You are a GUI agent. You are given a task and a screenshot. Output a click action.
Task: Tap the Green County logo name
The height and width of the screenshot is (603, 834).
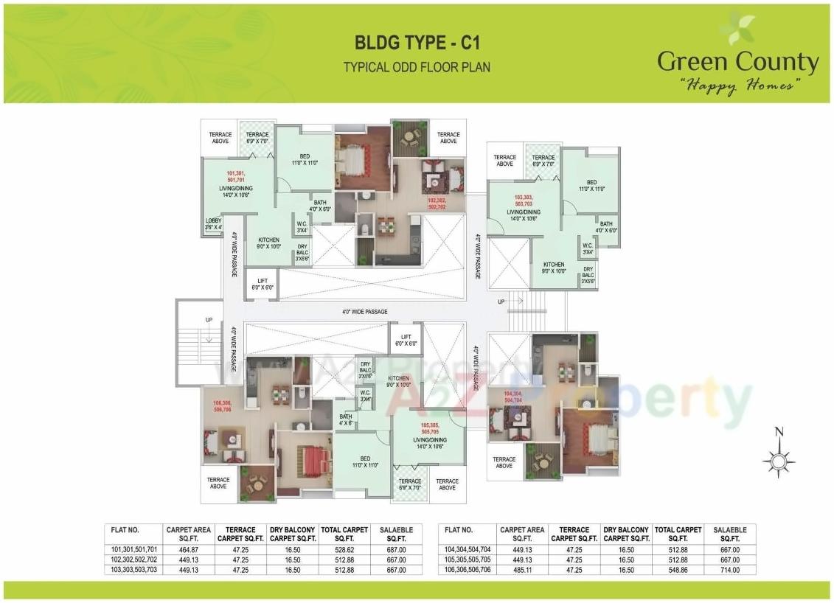738,62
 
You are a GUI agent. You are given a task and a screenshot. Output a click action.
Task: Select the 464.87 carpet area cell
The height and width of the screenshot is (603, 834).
189,549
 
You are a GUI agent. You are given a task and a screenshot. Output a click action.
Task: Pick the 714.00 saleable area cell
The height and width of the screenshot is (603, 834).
730,570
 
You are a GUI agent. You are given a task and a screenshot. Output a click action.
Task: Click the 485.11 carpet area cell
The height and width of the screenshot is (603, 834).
523,570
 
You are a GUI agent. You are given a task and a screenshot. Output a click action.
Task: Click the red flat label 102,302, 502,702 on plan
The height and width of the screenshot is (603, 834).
437,203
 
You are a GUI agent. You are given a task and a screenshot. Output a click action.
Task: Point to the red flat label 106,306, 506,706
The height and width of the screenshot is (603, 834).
222,405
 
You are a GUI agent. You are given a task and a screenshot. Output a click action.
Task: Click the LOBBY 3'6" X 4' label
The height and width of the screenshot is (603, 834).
213,224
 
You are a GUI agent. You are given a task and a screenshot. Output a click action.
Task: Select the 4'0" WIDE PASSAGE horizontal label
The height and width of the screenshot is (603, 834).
365,312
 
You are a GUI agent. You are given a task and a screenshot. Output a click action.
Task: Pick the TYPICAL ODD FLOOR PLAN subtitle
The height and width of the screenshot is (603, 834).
417,67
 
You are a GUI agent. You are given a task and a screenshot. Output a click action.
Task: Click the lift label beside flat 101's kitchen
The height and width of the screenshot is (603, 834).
263,284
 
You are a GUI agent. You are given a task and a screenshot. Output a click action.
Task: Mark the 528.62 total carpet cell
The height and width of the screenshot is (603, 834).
344,549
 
